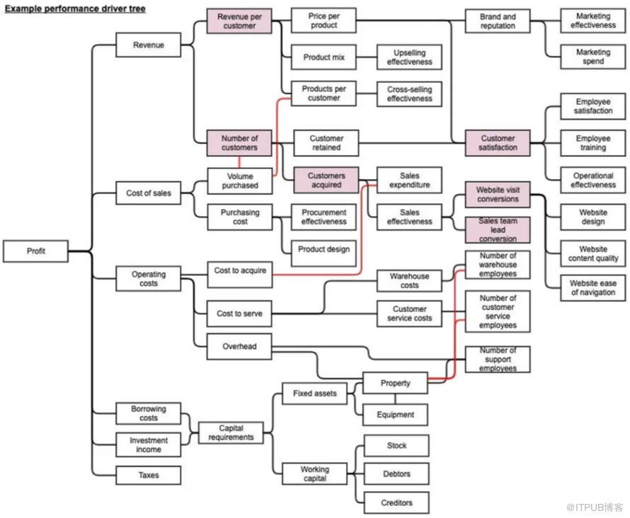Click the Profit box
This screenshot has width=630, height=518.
[36, 251]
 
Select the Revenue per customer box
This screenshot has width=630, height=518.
[239, 21]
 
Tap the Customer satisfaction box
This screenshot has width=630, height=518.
[498, 143]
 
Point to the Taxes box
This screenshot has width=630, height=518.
[149, 475]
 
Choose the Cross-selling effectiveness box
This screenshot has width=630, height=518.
[409, 94]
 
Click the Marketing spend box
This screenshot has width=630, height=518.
[592, 57]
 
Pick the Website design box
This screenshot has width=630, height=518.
[592, 217]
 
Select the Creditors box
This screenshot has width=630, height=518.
[396, 502]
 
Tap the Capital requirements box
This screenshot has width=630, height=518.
[231, 432]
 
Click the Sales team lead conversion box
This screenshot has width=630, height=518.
[498, 230]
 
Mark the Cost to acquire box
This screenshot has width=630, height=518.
[240, 271]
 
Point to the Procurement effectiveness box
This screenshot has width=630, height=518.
[323, 217]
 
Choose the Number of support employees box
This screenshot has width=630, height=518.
[498, 359]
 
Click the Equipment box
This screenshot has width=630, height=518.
[396, 415]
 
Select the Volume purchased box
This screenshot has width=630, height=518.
[240, 181]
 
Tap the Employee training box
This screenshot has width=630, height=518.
[592, 143]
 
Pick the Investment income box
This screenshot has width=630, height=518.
[149, 445]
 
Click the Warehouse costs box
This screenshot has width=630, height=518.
[409, 281]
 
